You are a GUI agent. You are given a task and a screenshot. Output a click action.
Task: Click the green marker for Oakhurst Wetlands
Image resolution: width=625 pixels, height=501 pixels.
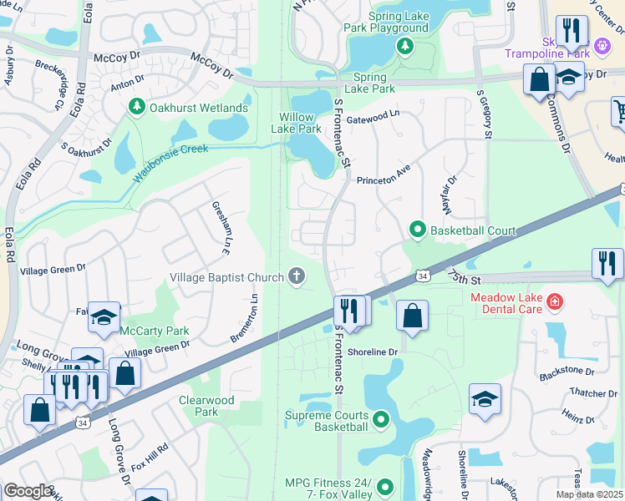coord(136,108)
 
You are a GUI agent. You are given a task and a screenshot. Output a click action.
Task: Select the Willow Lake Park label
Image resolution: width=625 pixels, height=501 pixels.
coord(296,123)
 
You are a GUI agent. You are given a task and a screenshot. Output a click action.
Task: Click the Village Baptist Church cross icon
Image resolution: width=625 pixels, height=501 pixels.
coord(296,276)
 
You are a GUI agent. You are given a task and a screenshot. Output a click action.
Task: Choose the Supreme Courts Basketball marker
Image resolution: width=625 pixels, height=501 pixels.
coord(381,420)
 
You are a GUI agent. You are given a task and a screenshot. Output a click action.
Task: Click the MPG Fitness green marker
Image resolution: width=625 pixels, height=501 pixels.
coord(384,487)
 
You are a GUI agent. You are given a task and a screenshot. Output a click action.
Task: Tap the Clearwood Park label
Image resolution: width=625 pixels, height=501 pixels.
coord(206,406)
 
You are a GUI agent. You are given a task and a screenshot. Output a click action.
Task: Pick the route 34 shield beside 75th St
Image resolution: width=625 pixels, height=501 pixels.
coord(423,276)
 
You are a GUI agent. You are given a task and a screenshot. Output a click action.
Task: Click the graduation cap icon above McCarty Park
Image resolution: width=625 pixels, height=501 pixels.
coord(104,316)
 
